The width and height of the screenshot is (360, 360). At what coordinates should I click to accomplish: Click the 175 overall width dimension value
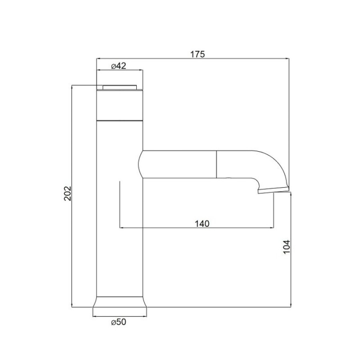pos(197,54)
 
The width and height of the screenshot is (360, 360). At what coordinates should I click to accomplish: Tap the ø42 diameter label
pos(119,66)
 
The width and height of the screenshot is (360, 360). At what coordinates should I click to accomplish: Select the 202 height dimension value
pos(68,194)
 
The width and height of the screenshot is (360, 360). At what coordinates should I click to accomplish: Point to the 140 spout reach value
pos(202,223)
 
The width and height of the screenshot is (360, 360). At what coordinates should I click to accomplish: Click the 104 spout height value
pos(287,247)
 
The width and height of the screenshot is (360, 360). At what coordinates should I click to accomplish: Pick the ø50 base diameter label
pos(119,322)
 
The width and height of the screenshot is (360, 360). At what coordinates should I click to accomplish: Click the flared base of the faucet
pos(120,302)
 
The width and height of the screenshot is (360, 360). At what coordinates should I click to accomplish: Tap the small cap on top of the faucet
pos(120,88)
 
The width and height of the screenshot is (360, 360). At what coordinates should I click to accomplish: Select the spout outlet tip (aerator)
pos(273,190)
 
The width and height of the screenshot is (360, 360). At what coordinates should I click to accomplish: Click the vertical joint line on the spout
pos(216,164)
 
